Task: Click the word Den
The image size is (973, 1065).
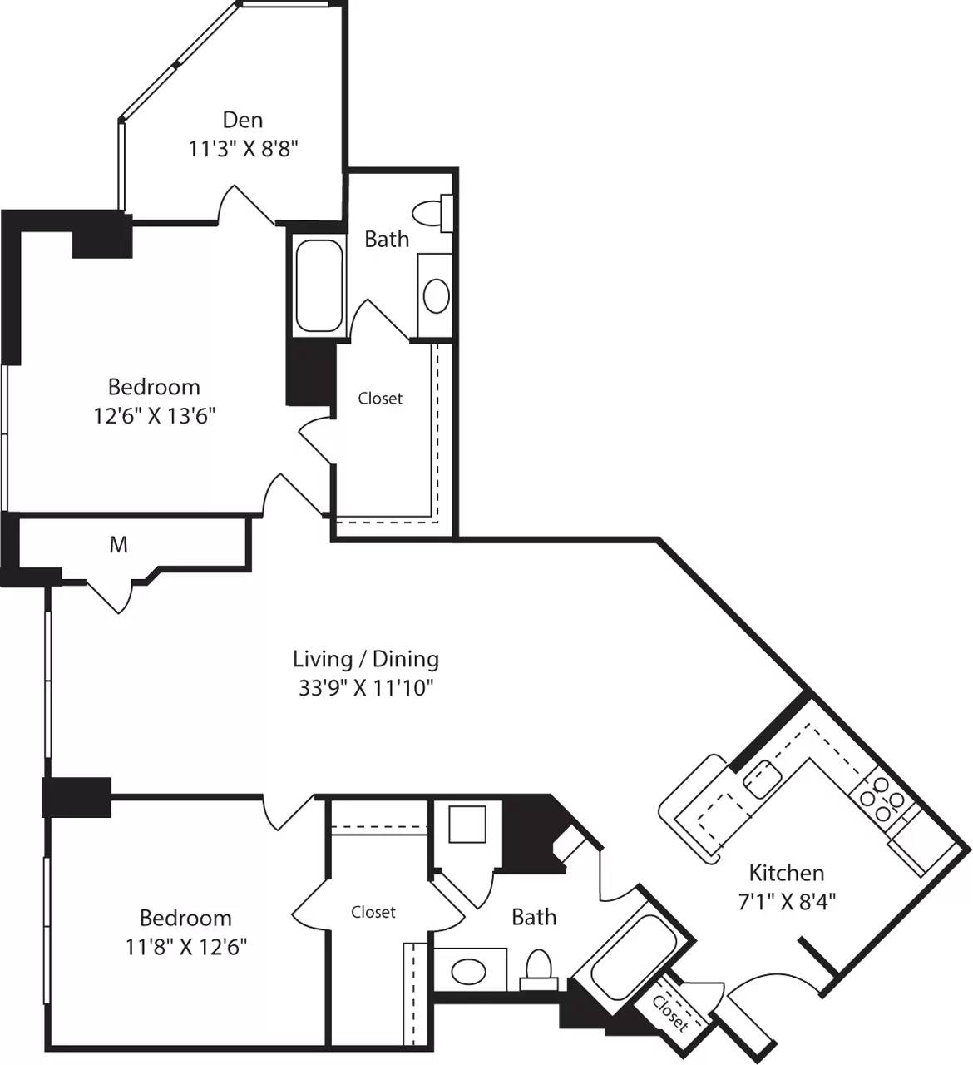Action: [243, 120]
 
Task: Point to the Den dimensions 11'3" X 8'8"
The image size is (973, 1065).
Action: [243, 149]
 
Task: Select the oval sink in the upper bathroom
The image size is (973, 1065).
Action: [436, 295]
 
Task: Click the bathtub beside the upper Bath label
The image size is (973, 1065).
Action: [319, 285]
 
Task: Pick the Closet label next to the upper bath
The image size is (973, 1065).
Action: [380, 399]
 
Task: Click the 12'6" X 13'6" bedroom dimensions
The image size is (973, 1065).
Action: [155, 415]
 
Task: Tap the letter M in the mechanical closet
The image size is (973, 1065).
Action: [119, 545]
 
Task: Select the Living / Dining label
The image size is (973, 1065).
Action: [366, 659]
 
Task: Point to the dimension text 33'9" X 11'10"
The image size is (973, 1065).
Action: [366, 688]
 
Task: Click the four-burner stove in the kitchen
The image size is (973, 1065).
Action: [882, 799]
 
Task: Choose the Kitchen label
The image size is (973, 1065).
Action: [787, 873]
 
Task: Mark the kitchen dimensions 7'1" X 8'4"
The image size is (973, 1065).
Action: [787, 900]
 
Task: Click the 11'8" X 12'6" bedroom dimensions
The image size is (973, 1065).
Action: [185, 946]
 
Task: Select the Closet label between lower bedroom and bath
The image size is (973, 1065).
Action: [373, 913]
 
